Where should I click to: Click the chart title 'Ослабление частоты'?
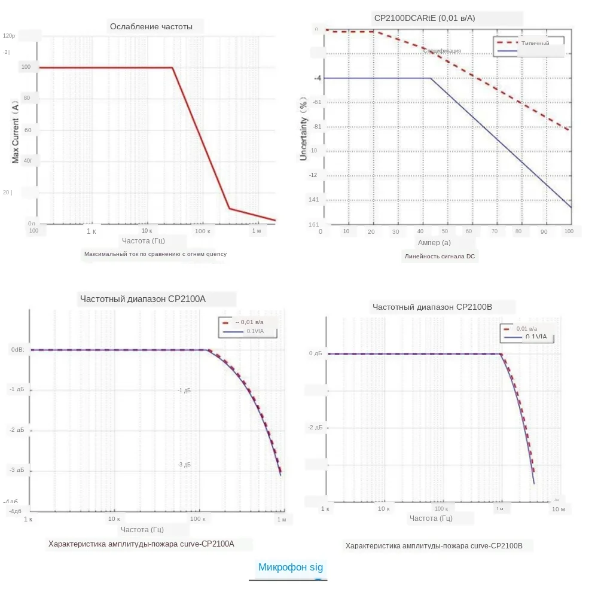coord(151,26)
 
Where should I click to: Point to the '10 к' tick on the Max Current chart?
coord(147,231)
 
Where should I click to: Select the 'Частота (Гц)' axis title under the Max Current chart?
coord(144,241)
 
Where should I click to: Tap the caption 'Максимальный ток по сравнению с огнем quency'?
coord(155,254)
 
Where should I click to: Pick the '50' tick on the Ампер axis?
coord(444,231)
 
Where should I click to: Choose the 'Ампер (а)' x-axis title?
coord(434,243)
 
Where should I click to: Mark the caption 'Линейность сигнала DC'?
coord(441,257)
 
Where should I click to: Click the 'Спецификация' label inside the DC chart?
coord(443,51)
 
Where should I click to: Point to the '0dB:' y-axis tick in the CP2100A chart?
coord(17,350)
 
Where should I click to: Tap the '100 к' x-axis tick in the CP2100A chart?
coord(197,519)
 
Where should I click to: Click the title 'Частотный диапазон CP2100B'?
coord(432,307)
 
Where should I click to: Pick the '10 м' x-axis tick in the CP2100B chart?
coord(558,509)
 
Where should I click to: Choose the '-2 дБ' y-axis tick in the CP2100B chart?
coord(315,428)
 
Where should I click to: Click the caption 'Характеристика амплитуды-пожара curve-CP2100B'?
coord(434,546)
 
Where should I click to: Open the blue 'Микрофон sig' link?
coord(290,568)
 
